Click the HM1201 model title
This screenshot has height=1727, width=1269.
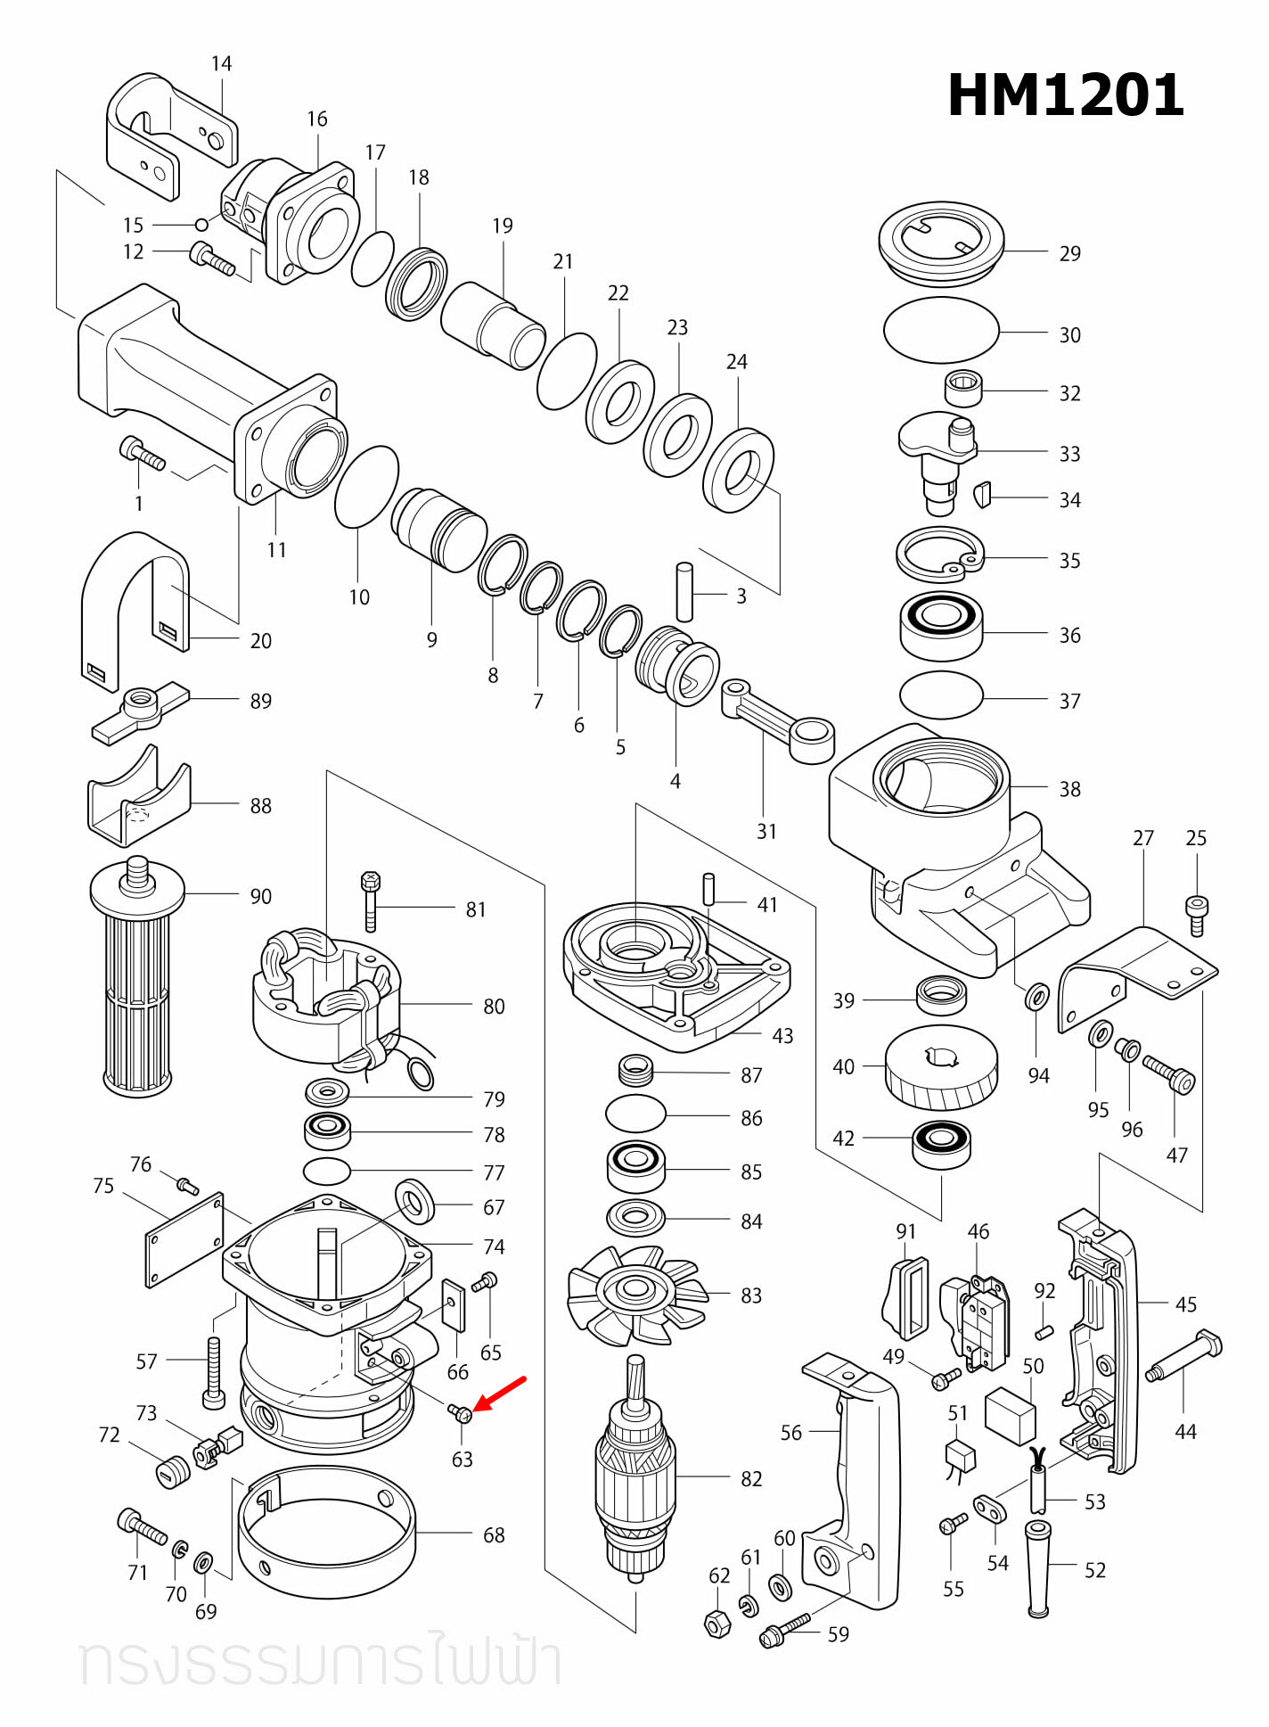[1065, 95]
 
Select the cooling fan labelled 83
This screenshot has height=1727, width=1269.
[635, 1293]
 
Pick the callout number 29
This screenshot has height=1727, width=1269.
[1069, 254]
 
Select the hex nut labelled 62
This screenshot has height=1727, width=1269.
[717, 1624]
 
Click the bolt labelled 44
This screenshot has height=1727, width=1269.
[1185, 1356]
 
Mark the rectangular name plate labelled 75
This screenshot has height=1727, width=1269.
[184, 1239]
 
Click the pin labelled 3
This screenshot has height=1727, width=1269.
[684, 591]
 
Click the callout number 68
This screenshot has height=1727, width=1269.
[494, 1535]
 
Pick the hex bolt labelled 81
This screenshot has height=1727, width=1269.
[371, 901]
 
